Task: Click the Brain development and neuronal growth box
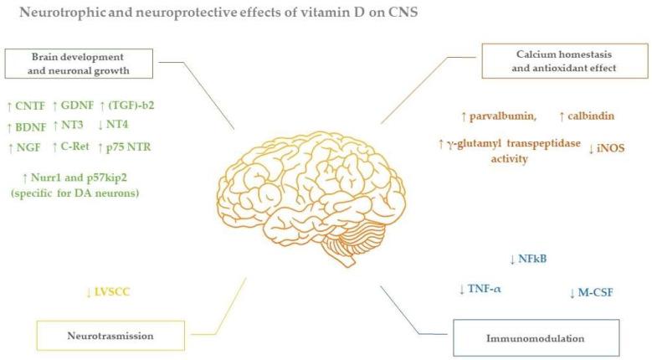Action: pos(79,63)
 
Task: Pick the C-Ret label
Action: pos(73,148)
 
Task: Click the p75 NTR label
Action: pos(126,148)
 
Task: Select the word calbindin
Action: pos(592,116)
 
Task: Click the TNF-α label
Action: pos(481,289)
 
